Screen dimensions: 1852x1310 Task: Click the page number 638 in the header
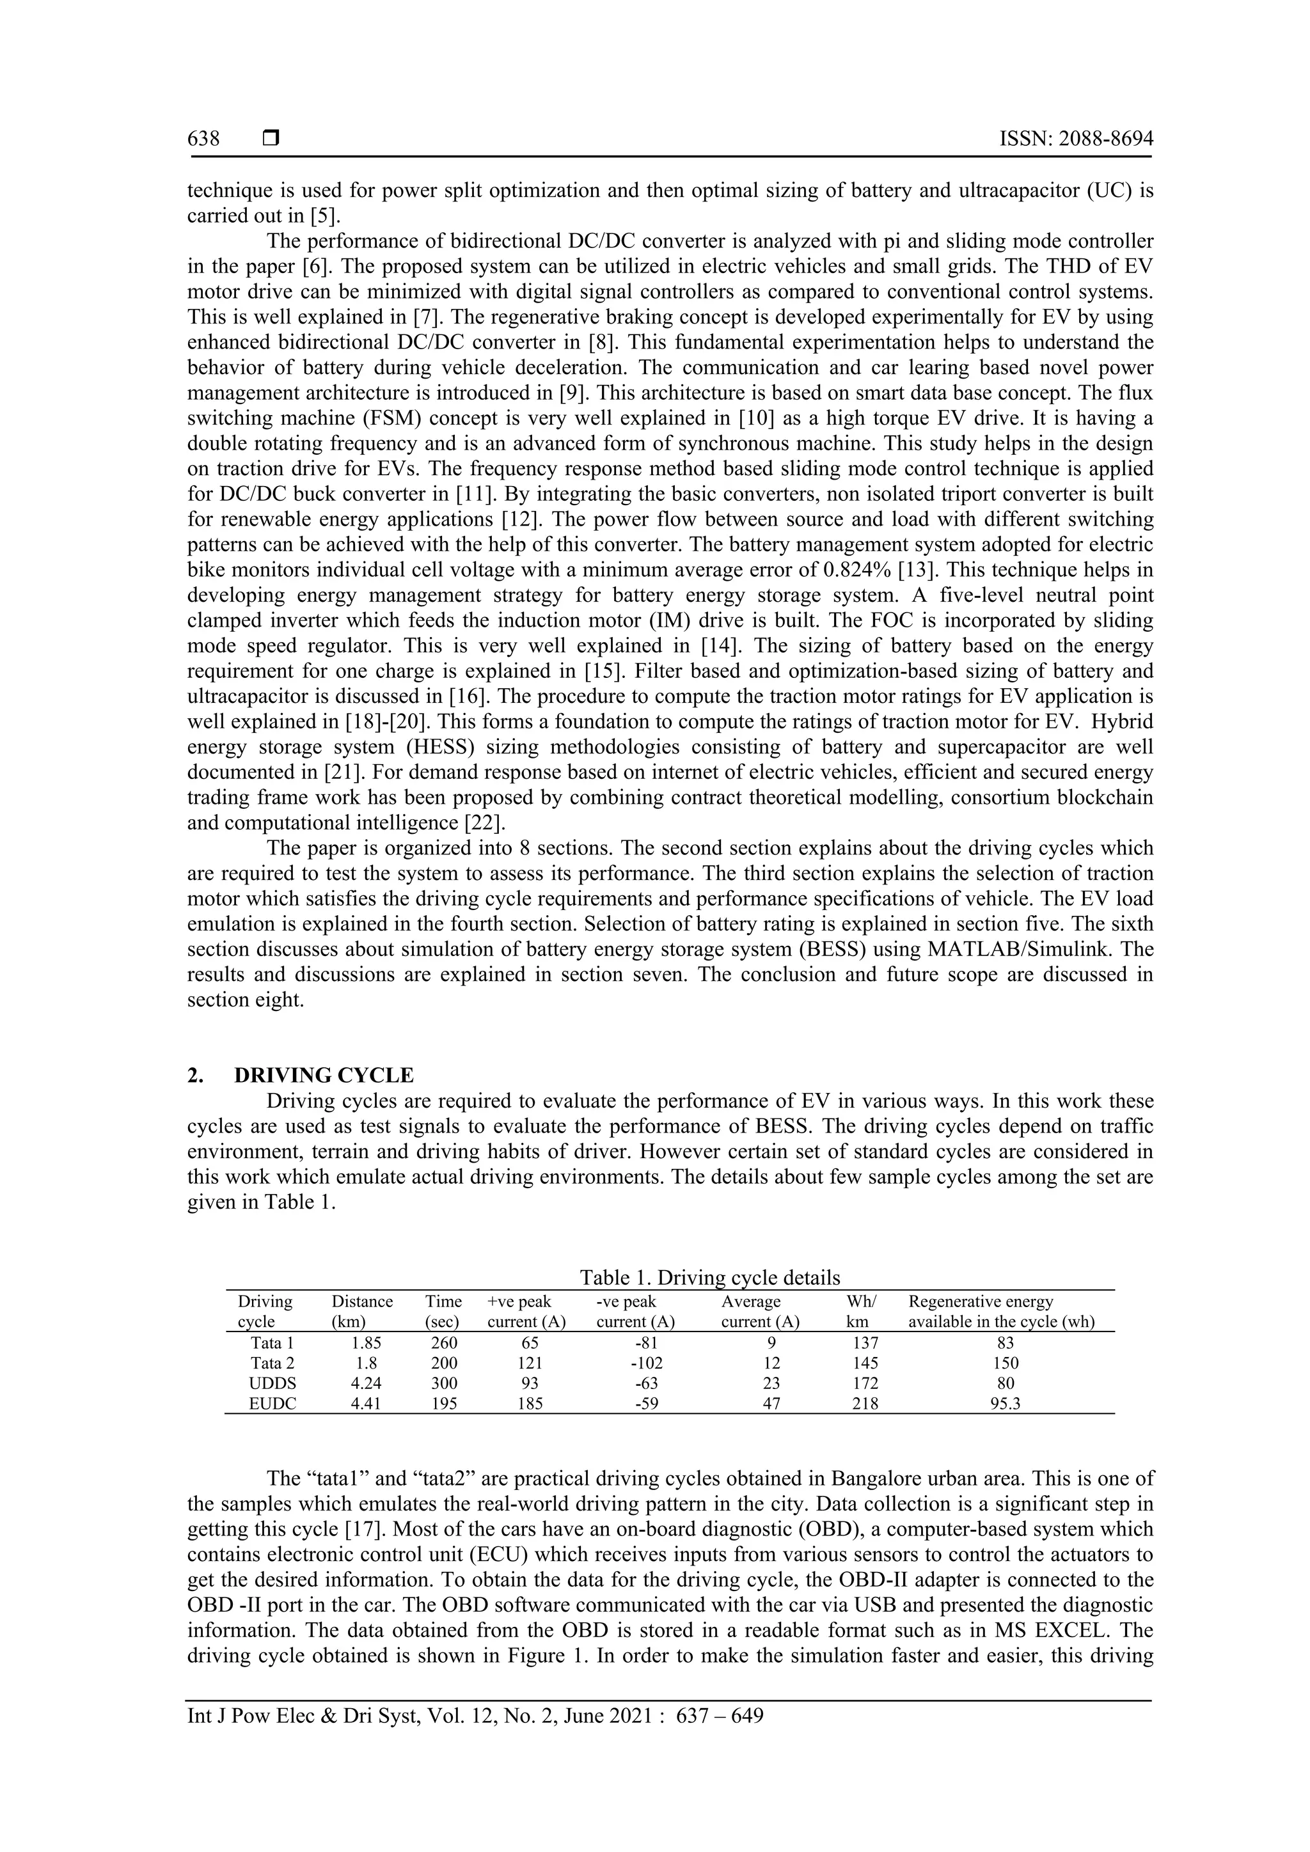click(203, 139)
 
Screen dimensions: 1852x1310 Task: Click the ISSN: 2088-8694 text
click(1076, 139)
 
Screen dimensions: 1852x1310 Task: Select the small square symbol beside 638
click(271, 139)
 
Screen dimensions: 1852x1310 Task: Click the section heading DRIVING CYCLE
click(324, 1075)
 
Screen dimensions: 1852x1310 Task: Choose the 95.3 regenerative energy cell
click(1006, 1404)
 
